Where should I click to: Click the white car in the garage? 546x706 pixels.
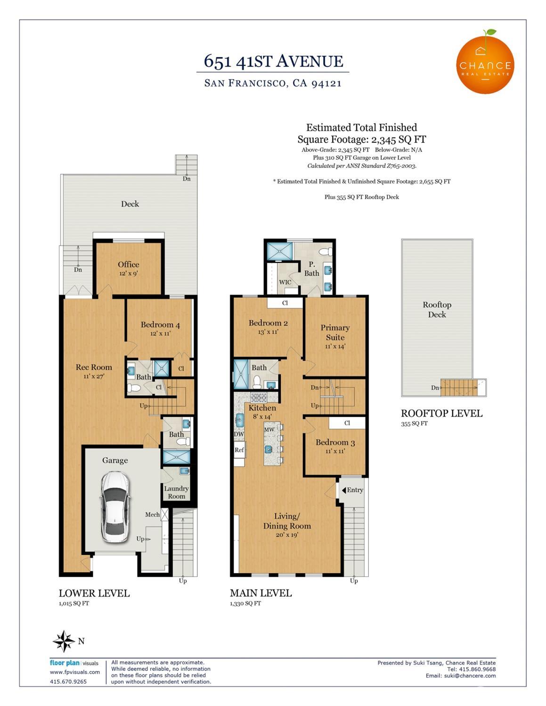click(x=115, y=507)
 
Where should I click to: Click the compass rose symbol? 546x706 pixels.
click(x=64, y=641)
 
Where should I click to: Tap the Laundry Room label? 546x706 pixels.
click(x=176, y=492)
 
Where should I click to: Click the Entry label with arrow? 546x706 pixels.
click(x=352, y=490)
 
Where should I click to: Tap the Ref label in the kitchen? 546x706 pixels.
click(x=239, y=450)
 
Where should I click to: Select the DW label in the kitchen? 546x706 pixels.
click(x=239, y=434)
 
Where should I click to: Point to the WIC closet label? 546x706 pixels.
click(x=285, y=282)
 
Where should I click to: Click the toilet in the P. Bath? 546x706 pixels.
click(x=326, y=252)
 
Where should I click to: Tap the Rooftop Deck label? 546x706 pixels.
click(x=437, y=309)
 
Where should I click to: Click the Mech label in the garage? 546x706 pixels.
click(x=153, y=514)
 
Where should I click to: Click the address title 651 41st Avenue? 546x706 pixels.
click(x=273, y=61)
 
